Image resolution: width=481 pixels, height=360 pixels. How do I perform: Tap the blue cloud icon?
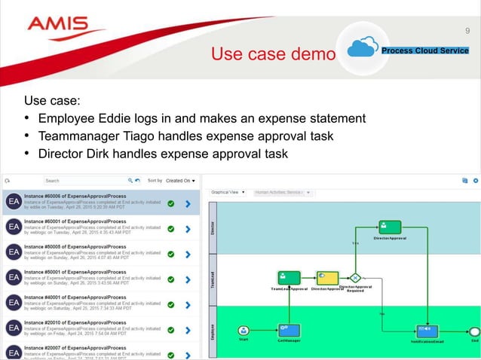[x=363, y=49]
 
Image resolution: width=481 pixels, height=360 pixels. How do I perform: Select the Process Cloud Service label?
[x=425, y=50]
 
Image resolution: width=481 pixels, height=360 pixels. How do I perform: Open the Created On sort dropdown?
[x=181, y=181]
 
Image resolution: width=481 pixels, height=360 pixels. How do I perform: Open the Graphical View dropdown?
[x=229, y=192]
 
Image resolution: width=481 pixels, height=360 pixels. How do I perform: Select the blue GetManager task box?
[x=289, y=329]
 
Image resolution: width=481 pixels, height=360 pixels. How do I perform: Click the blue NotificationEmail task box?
[x=427, y=329]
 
